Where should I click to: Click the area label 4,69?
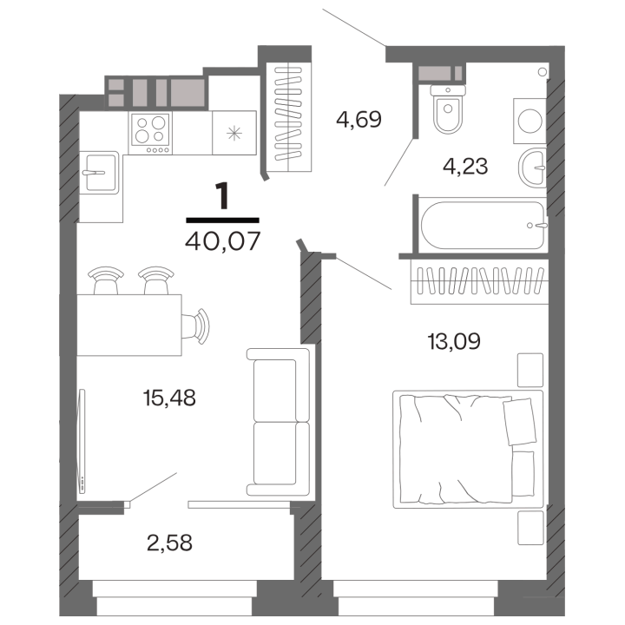click(359, 119)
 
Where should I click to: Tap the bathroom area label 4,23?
click(465, 166)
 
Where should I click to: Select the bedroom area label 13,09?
click(454, 341)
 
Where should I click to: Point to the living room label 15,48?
click(169, 398)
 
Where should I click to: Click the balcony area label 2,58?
click(169, 543)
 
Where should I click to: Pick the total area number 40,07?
click(223, 240)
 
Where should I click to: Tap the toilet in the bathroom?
click(448, 109)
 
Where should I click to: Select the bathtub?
click(484, 225)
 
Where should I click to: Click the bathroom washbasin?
click(532, 168)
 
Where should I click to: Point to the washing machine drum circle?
click(530, 121)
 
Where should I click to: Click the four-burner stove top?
click(150, 133)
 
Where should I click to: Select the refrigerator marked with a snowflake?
click(234, 133)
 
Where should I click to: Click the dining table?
click(129, 325)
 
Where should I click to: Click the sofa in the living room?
click(279, 422)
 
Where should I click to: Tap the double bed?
click(468, 450)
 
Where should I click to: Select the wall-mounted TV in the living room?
click(82, 441)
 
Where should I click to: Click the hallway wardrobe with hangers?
click(288, 118)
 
